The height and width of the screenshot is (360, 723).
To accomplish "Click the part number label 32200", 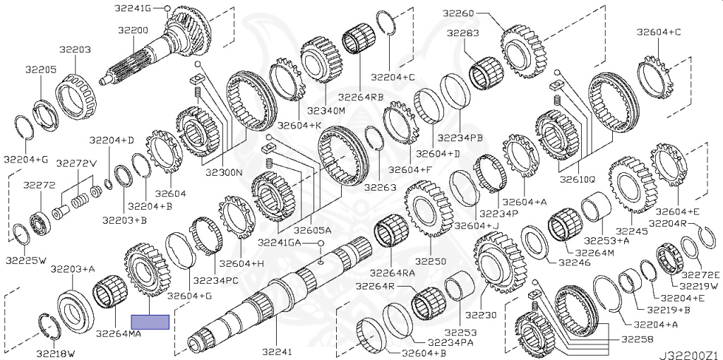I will click(x=133, y=31).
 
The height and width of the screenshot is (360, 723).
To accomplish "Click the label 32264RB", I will click(x=361, y=97).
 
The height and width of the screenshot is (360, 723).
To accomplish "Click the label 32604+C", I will click(x=659, y=32).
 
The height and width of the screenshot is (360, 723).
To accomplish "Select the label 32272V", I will click(x=76, y=163).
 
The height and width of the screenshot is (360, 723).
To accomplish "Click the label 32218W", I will click(x=61, y=351).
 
